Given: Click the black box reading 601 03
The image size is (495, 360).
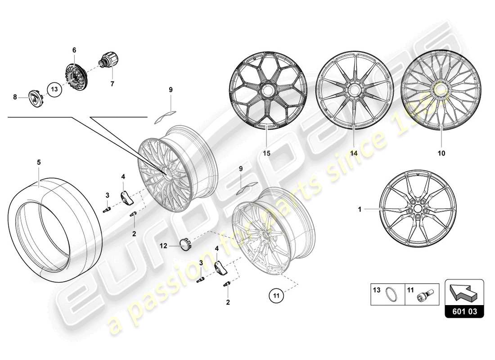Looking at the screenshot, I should pos(464,310).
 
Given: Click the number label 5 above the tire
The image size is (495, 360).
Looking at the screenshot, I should pos(39,161).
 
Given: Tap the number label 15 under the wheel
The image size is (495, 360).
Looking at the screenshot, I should pos(267,153).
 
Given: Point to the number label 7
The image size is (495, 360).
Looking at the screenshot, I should pos(112,84).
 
